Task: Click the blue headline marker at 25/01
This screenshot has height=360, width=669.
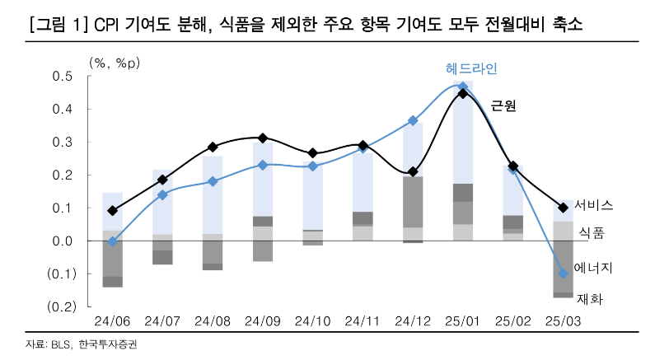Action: point(463,86)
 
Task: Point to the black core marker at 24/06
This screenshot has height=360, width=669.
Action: point(113,211)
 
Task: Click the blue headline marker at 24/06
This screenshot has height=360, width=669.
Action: point(113,241)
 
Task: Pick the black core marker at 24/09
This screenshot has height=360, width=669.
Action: point(263,138)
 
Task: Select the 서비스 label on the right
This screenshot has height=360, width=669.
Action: point(594,204)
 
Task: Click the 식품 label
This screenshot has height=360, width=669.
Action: point(592,233)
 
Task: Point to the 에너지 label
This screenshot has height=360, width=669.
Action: point(594,269)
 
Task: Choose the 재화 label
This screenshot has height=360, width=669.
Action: point(591,300)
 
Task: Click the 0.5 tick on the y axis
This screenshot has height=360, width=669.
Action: point(64,77)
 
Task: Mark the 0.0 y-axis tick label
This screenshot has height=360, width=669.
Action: point(64,241)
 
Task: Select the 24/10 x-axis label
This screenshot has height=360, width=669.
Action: point(312,320)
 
